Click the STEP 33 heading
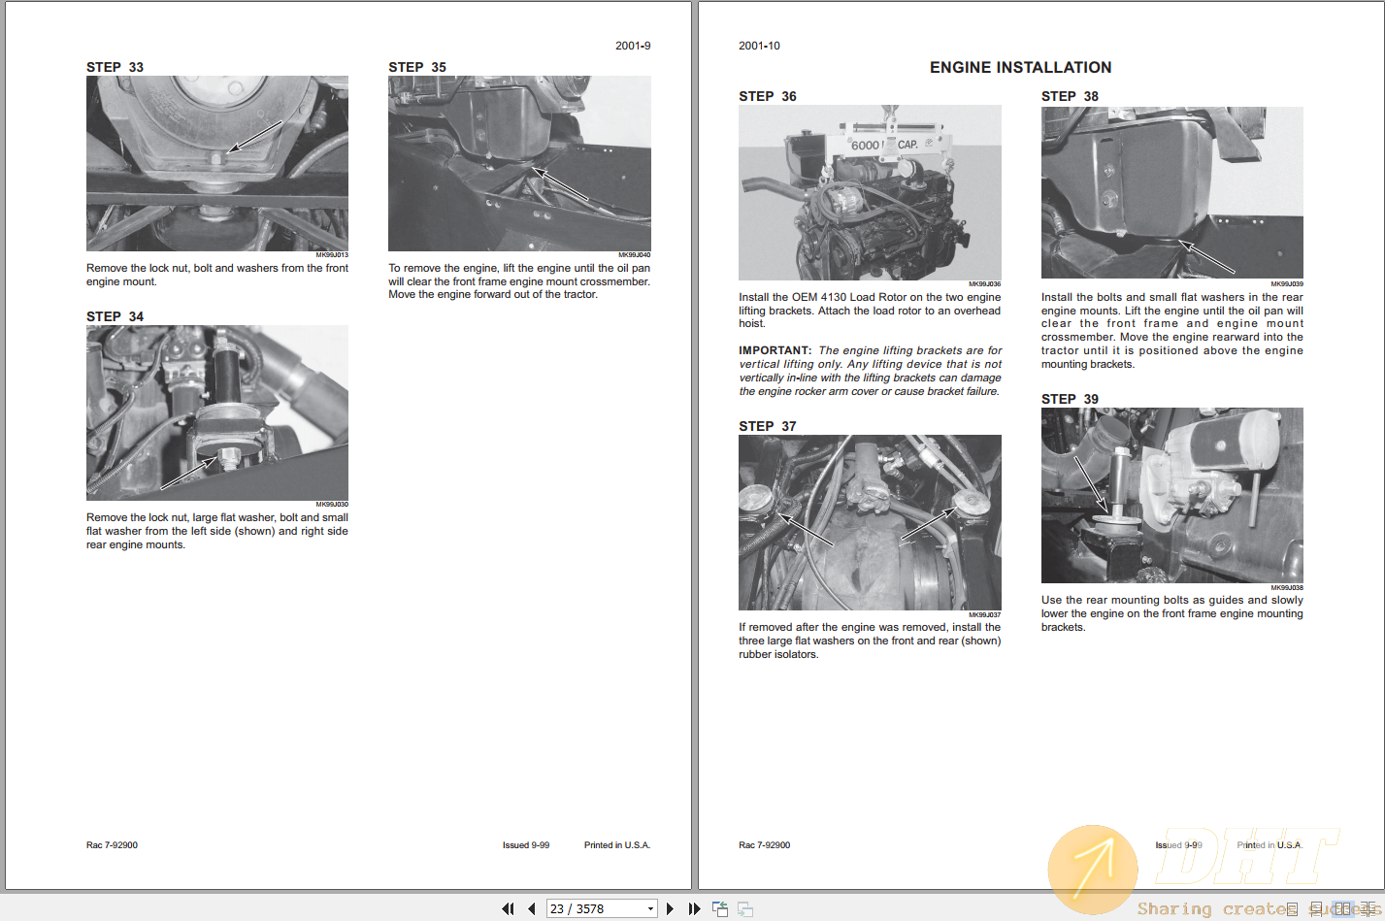coord(115,67)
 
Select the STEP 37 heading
coord(767,426)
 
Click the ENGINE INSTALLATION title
coord(1020,67)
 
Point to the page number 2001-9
coord(633,46)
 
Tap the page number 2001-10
coord(759,46)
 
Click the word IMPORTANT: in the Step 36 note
coord(775,350)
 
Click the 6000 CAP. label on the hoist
coord(884,145)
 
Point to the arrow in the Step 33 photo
coord(253,137)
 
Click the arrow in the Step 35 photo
coord(560,184)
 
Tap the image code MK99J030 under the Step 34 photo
coord(332,505)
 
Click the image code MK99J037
coord(984,614)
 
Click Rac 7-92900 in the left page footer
coord(112,845)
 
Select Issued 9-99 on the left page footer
coord(525,845)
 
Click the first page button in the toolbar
coord(508,909)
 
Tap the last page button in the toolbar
coord(694,909)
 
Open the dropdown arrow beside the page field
coord(650,909)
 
